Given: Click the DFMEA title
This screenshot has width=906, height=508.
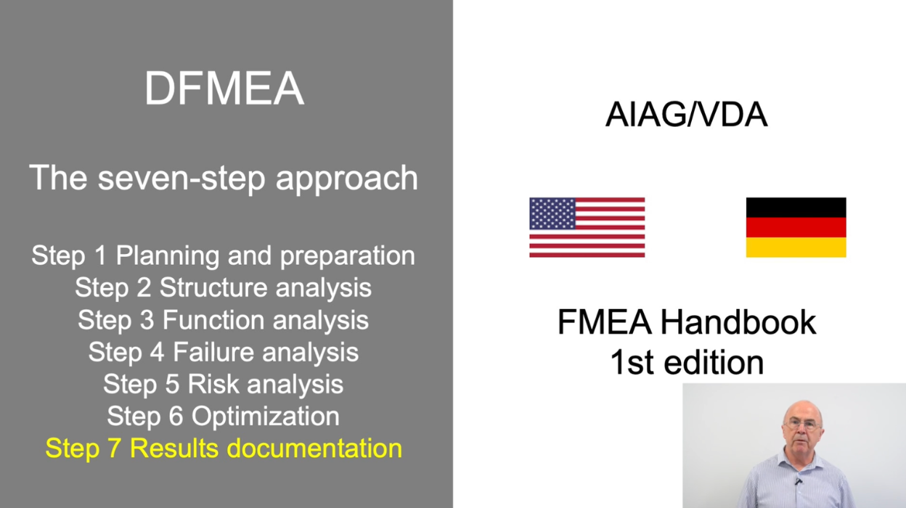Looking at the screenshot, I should pos(224,89).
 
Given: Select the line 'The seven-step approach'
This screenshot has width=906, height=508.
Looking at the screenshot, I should pos(224,178).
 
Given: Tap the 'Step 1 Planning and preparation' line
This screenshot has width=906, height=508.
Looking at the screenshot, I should pos(224,255).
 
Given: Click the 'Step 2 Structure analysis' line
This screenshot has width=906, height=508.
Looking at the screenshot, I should pos(224,287).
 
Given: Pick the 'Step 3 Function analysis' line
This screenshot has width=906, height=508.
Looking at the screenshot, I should pos(224,319).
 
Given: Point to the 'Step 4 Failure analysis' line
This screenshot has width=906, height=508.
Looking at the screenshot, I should pos(224,352).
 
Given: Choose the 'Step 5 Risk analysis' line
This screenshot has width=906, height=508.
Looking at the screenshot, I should pos(224,384).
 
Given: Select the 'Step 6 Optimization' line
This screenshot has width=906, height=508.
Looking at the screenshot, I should pos(224,416).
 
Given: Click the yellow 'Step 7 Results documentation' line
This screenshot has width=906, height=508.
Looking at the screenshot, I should pos(224,448).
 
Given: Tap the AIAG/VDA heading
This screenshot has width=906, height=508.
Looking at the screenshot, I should pos(686,115).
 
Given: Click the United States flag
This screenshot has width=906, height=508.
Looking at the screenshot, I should pos(587,227).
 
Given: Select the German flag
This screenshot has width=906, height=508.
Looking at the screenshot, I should pos(796,227).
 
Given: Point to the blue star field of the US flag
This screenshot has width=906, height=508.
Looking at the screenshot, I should pos(552,213).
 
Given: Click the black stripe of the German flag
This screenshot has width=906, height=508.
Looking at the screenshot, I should pos(796,208).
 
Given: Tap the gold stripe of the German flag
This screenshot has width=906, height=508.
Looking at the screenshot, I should pos(796,247).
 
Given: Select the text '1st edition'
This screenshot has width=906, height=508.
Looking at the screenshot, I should pos(686,361).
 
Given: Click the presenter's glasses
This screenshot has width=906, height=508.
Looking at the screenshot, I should pos(801,425).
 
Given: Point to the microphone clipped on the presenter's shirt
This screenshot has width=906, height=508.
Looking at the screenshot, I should pos(798,480).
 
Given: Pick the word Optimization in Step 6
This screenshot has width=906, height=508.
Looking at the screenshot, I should pos(265,417).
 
